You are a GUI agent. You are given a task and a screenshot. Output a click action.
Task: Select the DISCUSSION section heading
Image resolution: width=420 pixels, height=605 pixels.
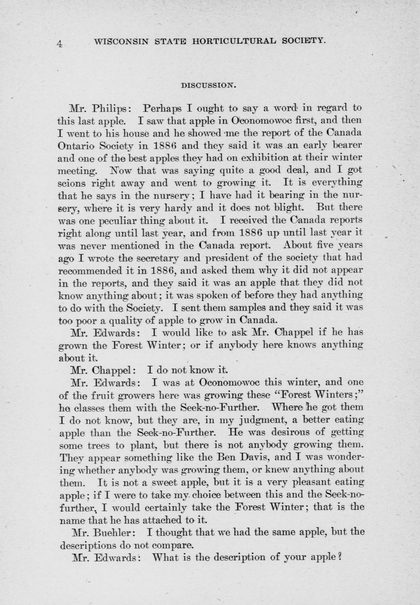click(209, 86)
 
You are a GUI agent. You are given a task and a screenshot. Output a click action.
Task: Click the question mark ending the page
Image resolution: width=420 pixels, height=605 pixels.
click(339, 558)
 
